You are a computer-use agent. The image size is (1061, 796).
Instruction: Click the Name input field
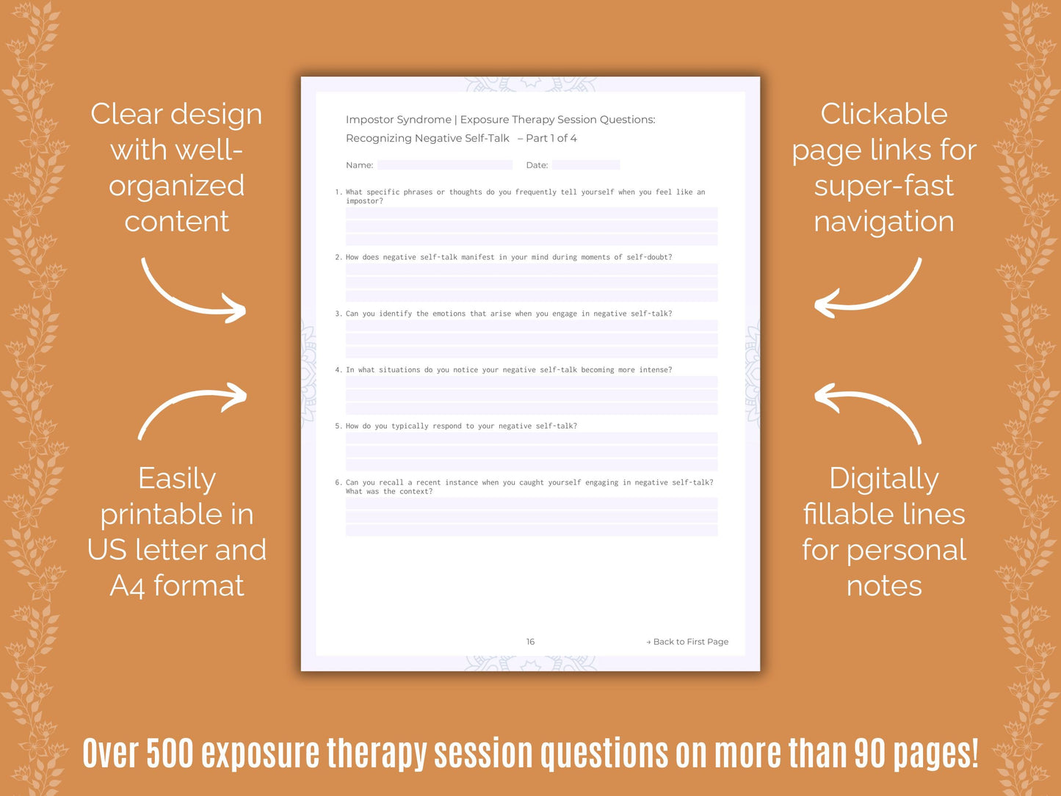(444, 165)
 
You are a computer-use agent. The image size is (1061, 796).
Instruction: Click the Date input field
(585, 165)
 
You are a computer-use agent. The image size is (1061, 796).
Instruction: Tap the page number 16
(530, 642)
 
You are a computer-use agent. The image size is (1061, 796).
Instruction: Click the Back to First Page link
(688, 642)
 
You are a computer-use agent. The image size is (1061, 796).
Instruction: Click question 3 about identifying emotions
(504, 314)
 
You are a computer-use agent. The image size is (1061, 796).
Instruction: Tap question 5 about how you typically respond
(456, 426)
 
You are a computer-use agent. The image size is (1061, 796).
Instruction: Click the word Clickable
(884, 114)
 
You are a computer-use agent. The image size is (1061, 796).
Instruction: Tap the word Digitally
(884, 479)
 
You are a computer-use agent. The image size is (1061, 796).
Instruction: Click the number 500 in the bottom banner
(170, 754)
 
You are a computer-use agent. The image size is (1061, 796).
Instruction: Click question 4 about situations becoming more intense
(504, 370)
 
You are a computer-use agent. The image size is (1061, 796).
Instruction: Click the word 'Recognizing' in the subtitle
(378, 138)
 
